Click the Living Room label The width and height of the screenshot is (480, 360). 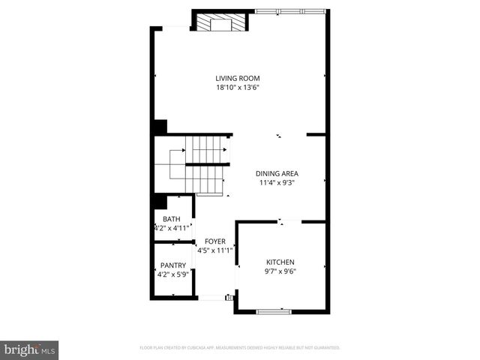[x=238, y=78]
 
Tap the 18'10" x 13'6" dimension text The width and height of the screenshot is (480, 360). [x=238, y=87]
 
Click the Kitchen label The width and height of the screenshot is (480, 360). [x=280, y=262]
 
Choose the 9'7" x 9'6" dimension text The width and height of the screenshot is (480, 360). [x=280, y=271]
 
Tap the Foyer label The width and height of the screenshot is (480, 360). [x=214, y=241]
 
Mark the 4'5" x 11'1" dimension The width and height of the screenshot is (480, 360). [x=214, y=250]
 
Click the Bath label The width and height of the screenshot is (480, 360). [x=172, y=219]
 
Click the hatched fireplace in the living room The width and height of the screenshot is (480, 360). [x=220, y=23]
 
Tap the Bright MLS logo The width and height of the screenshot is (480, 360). [x=30, y=349]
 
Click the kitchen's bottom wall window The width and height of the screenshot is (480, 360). [x=274, y=310]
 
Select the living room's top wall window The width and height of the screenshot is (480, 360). [x=289, y=11]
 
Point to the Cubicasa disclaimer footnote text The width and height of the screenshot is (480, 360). [x=240, y=348]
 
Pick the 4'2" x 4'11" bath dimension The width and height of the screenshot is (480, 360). [x=172, y=227]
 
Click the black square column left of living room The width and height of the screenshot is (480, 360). [x=159, y=127]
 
